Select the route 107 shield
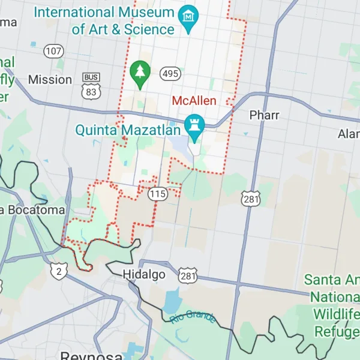53,52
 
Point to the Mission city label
50,79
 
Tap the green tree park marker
140,74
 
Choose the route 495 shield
170,73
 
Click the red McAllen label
194,100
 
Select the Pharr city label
264,115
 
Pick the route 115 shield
158,193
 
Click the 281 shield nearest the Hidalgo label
187,275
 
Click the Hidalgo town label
143,274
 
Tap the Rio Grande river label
193,317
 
